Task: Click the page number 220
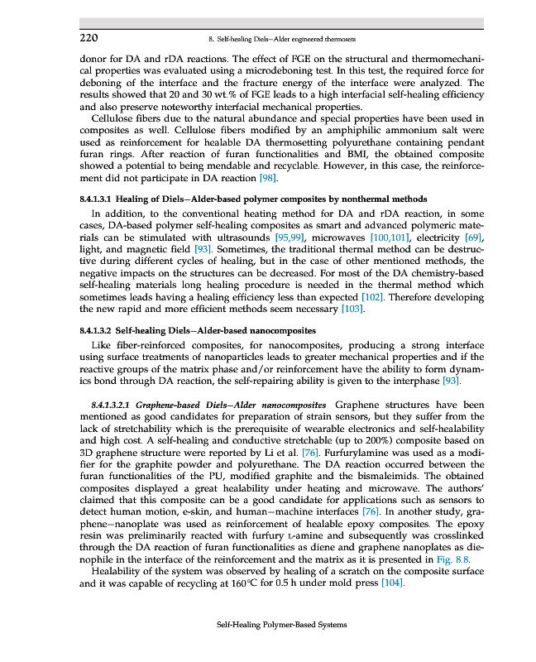[x=89, y=38]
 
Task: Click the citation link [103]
[x=354, y=309]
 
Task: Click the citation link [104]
[x=392, y=583]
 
